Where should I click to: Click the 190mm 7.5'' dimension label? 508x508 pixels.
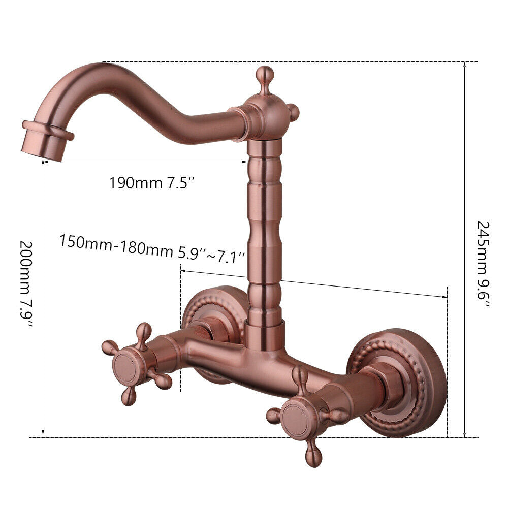[x=151, y=183]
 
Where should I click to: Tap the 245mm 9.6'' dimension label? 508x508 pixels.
[x=483, y=264]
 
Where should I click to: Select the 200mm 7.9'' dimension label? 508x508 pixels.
[x=26, y=284]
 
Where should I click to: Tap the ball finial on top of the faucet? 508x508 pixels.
[x=265, y=76]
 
